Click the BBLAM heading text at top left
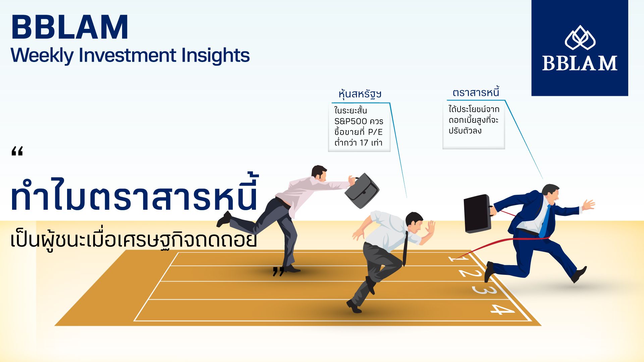click(70, 27)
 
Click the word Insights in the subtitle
click(215, 56)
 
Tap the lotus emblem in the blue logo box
click(580, 37)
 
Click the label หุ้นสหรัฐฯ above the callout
click(360, 94)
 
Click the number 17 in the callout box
click(364, 143)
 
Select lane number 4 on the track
click(502, 309)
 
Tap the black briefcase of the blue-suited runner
click(478, 214)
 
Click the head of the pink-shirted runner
click(319, 173)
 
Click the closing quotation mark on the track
click(278, 271)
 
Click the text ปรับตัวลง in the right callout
click(465, 131)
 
